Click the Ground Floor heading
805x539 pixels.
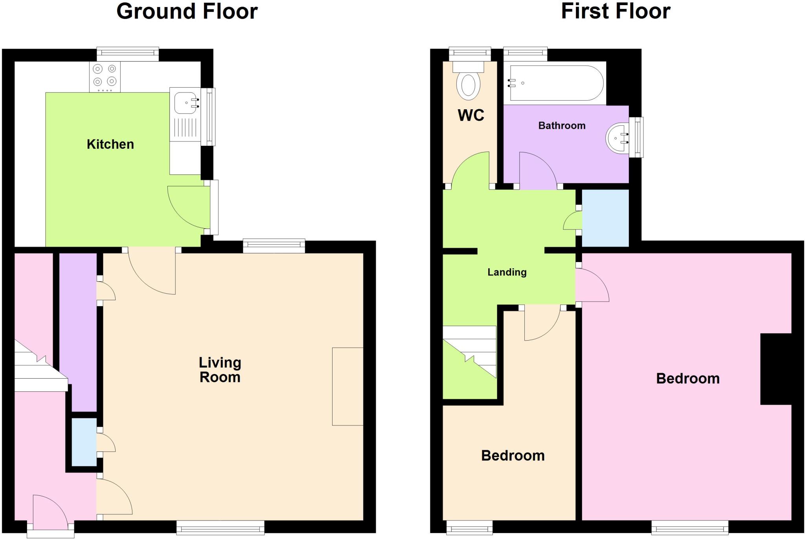(x=187, y=11)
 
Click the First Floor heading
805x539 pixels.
(x=615, y=11)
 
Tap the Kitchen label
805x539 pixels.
(x=110, y=144)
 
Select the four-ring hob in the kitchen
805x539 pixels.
(x=105, y=76)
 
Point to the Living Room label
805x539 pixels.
(x=220, y=370)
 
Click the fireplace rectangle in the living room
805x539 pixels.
(x=347, y=386)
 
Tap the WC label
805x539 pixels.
(x=471, y=115)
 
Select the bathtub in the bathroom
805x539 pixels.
(x=556, y=83)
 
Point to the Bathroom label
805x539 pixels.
(x=562, y=126)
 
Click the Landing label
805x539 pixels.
(x=507, y=272)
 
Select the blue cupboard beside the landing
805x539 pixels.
(x=605, y=218)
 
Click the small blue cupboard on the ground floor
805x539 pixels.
(x=84, y=442)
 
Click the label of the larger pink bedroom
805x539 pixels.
(x=687, y=379)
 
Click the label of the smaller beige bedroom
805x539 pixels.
(x=513, y=456)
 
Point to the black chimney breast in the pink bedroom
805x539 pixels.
(x=776, y=369)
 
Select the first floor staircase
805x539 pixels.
(x=470, y=354)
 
